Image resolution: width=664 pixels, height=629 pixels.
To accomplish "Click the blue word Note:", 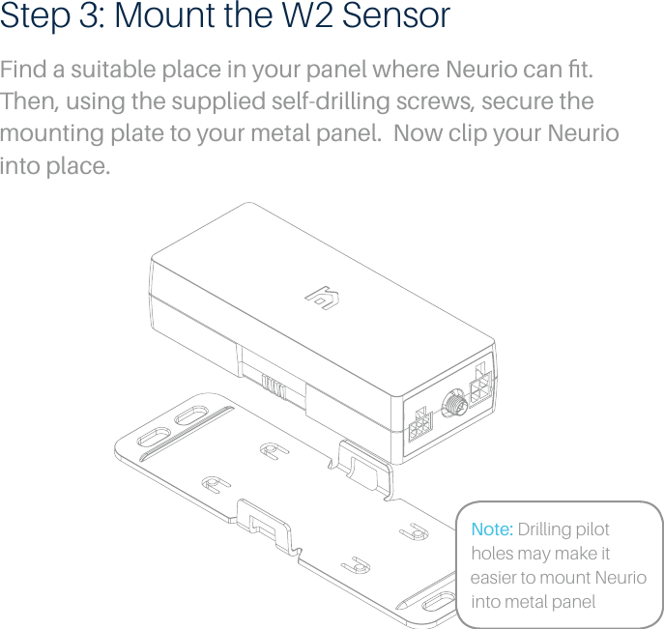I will tap(492, 530).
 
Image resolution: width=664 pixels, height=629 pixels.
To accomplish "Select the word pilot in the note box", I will tap(592, 530).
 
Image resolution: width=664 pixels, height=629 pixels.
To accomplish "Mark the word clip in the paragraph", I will tap(478, 134).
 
